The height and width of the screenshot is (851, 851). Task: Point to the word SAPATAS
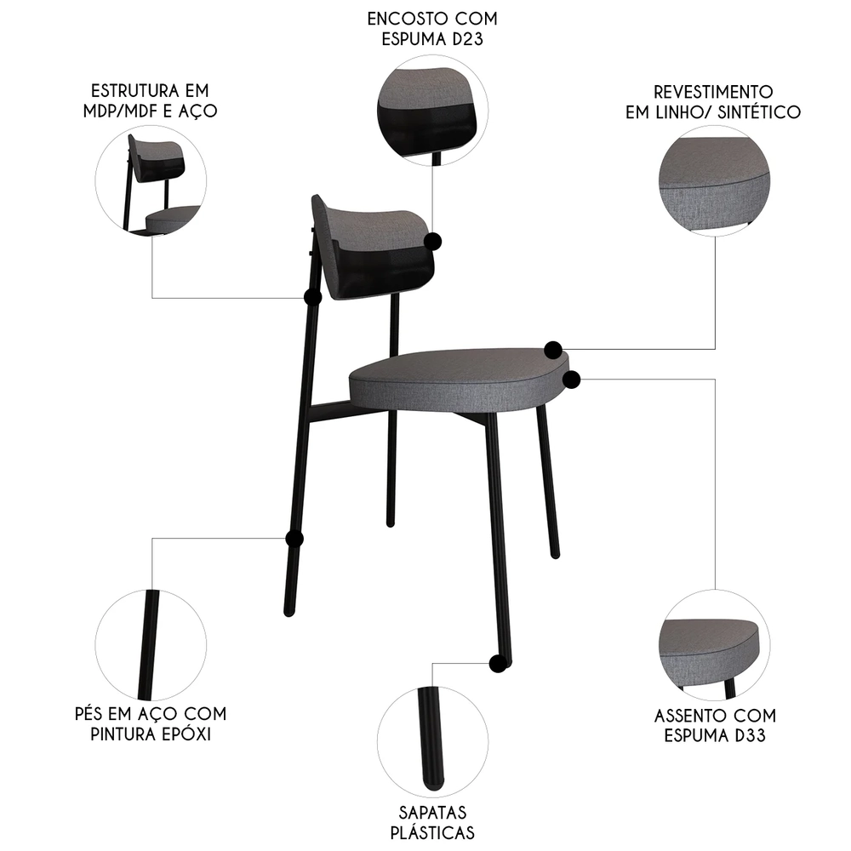431,813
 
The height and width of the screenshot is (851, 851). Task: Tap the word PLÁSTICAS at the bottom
431,833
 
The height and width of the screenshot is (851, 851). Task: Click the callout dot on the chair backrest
435,241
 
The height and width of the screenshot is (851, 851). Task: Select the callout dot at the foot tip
497,663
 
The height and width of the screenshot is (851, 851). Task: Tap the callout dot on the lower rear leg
294,539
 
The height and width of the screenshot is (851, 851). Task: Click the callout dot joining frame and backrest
312,297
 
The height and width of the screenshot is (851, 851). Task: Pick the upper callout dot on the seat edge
553,349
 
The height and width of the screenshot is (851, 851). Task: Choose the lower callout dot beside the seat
571,378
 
